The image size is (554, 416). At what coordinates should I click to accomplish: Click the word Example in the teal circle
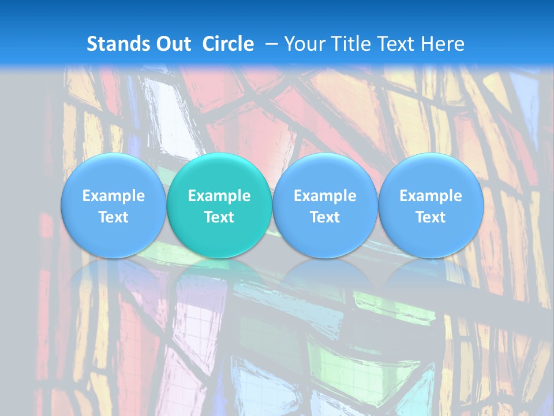(219, 196)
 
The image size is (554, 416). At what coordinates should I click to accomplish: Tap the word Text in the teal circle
(219, 217)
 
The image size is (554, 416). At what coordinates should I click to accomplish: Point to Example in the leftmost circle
(114, 196)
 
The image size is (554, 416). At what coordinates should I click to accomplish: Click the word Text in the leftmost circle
(114, 217)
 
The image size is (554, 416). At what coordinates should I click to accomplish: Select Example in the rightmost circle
(431, 196)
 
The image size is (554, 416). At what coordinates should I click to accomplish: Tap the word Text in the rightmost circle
(431, 217)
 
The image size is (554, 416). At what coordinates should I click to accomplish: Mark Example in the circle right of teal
(325, 196)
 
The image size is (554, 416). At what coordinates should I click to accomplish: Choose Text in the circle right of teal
(325, 217)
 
